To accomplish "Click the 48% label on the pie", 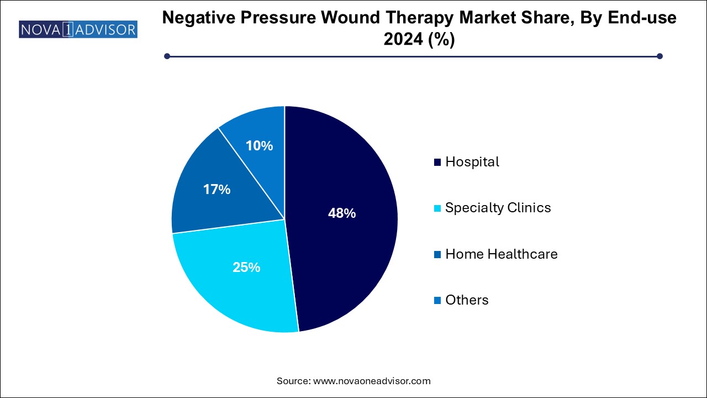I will tap(342, 213).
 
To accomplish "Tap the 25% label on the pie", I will tap(246, 268).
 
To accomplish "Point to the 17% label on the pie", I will tap(217, 190).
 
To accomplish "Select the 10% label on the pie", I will tap(260, 146).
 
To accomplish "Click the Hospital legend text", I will tap(472, 162).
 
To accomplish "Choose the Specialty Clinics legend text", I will tap(498, 208).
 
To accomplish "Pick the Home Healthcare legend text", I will tap(501, 254).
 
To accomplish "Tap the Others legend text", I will tap(467, 300).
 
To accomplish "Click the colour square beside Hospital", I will tap(437, 163).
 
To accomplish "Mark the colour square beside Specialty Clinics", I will tap(437, 208).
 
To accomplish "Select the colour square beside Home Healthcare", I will tap(437, 254).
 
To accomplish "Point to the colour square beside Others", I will tap(437, 300).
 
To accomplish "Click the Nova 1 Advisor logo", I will tap(78, 29).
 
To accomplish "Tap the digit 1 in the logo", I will tap(66, 29).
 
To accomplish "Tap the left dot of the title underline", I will tap(167, 56).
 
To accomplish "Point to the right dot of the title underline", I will tap(659, 56).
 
